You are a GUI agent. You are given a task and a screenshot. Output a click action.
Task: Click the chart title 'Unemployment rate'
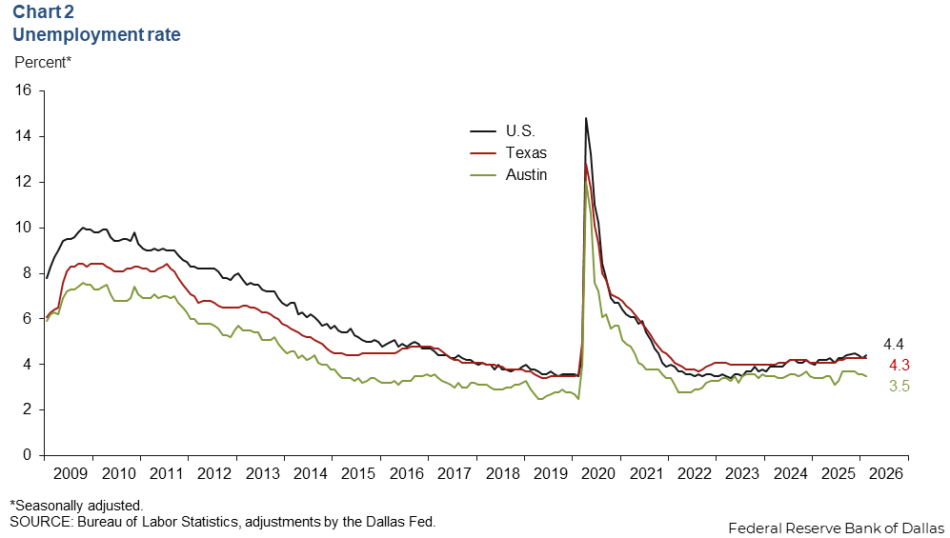[95, 35]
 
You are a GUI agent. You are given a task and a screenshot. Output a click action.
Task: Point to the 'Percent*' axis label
[43, 63]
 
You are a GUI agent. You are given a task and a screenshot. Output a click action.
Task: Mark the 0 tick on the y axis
[29, 455]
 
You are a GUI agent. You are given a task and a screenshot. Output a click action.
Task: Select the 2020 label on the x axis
[596, 472]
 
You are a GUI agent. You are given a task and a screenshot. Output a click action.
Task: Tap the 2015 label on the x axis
[356, 472]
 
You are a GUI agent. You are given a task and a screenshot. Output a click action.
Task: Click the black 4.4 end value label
[894, 344]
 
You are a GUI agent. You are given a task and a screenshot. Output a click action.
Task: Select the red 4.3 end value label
[899, 366]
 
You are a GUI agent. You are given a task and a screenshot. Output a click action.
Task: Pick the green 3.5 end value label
[899, 387]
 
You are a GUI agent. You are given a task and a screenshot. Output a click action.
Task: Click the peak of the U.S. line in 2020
[585, 118]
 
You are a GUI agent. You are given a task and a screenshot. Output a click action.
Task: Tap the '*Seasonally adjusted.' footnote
[76, 505]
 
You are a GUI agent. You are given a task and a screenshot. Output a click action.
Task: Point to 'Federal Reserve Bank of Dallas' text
[835, 528]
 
